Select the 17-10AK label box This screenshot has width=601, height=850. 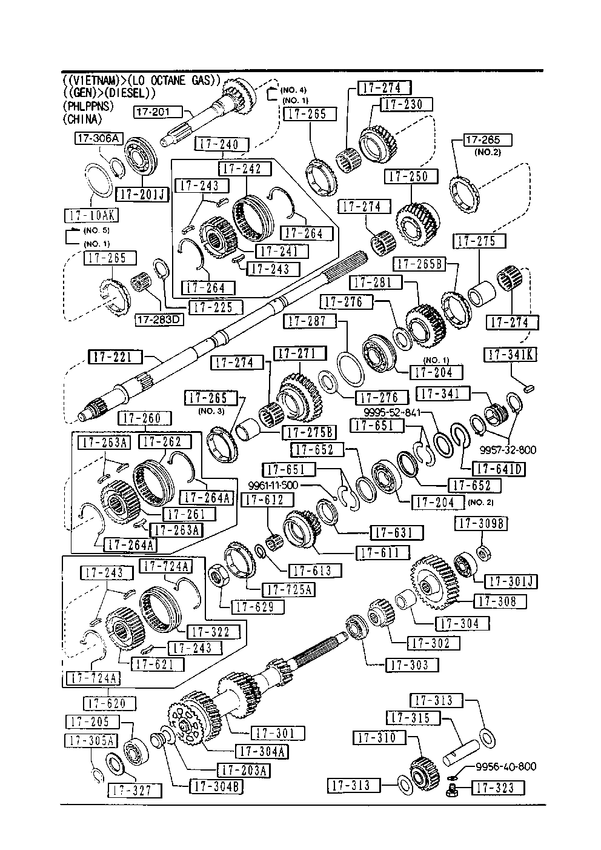coord(91,215)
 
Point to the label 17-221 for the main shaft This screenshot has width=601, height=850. coord(115,356)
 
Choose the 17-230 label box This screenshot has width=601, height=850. coord(406,104)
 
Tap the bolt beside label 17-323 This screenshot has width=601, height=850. coord(450,789)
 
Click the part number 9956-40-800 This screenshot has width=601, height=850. coord(505,766)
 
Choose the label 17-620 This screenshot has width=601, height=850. coord(110,703)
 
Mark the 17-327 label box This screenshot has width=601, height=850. coord(134,790)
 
